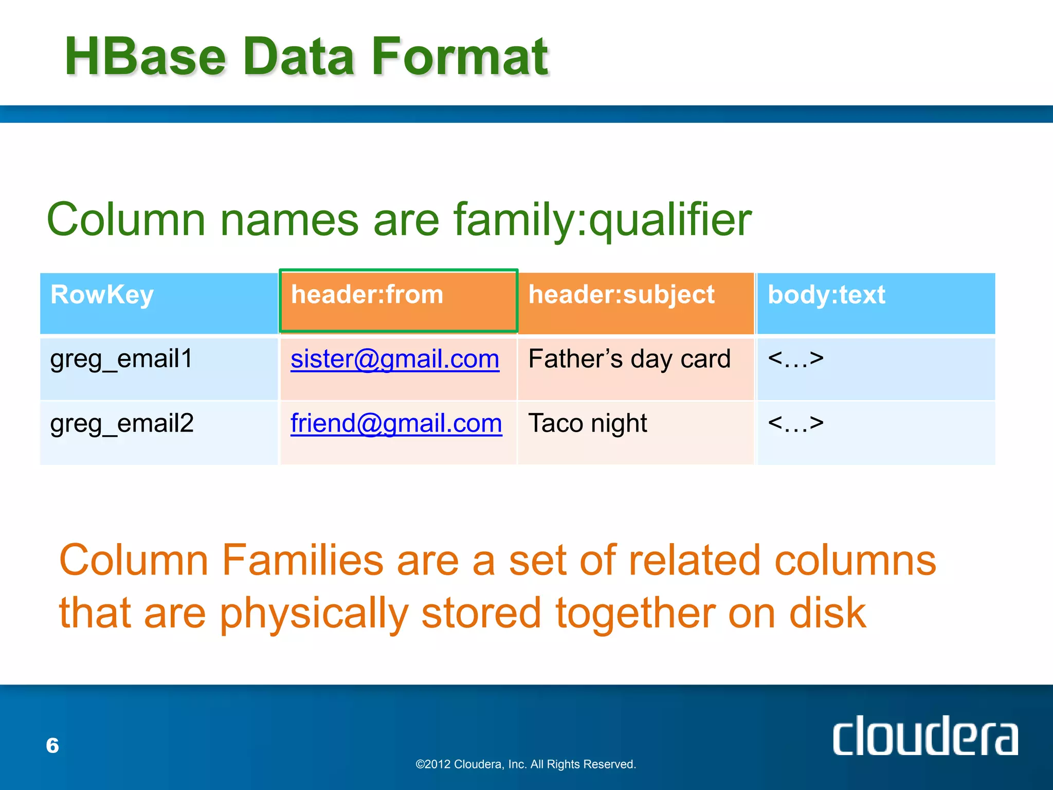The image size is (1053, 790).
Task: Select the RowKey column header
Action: (x=102, y=295)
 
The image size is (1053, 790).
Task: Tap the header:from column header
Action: (x=367, y=295)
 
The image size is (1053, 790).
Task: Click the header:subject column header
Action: (x=621, y=295)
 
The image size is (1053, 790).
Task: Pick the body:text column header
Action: (x=826, y=295)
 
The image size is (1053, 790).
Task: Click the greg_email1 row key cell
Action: (x=121, y=359)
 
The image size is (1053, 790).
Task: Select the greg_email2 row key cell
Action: (x=122, y=424)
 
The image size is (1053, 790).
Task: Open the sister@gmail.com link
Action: (x=395, y=359)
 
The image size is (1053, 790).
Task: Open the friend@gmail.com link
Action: (x=396, y=424)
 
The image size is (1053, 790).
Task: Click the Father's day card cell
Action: (x=629, y=359)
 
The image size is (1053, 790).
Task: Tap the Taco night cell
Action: (x=587, y=424)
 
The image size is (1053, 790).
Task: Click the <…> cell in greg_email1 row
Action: (x=795, y=358)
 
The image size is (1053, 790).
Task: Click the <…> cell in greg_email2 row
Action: (x=795, y=423)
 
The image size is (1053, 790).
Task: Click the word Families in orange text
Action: (x=302, y=561)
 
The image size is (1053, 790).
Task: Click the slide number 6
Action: (x=52, y=746)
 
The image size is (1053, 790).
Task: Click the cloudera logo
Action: (x=924, y=737)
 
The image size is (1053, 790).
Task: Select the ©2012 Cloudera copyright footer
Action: (x=525, y=764)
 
